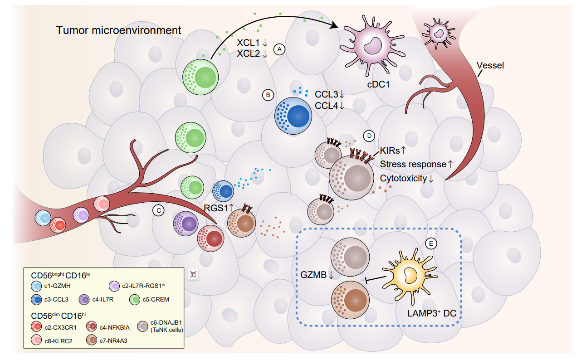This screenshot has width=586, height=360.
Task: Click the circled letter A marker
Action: pyautogui.click(x=279, y=49)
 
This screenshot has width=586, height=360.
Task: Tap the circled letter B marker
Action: pyautogui.click(x=268, y=95)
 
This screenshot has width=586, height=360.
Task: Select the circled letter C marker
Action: pyautogui.click(x=158, y=210)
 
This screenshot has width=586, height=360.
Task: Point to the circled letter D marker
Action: pyautogui.click(x=369, y=136)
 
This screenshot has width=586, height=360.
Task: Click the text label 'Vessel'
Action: pyautogui.click(x=490, y=65)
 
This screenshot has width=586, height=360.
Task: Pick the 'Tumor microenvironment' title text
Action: pyautogui.click(x=119, y=30)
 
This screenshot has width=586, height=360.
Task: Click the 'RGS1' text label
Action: pyautogui.click(x=218, y=208)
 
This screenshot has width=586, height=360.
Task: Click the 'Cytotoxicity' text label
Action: pyautogui.click(x=404, y=178)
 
